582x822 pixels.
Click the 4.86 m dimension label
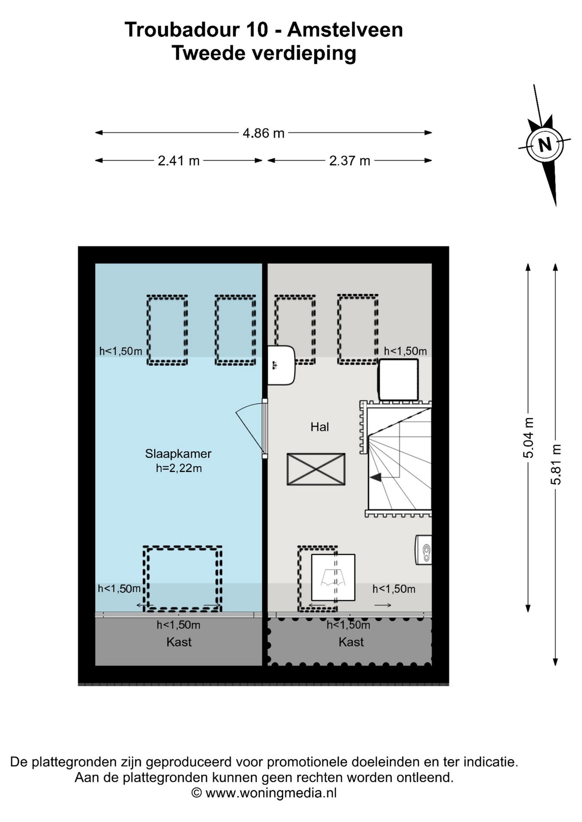coord(264,133)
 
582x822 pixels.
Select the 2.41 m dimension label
coord(179,161)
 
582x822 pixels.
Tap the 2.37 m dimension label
coord(350,161)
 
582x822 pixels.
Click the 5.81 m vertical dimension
coord(556,464)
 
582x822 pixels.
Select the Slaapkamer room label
coord(178,454)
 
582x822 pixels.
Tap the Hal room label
coord(320,427)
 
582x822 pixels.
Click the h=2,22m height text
coord(179,468)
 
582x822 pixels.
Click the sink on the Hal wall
coord(281,365)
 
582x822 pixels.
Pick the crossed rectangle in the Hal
coord(316,469)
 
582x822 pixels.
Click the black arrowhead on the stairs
coord(376,477)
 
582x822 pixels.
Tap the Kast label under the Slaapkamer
coord(179,642)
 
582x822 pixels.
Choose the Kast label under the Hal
coord(351,642)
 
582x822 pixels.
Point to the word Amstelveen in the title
coord(345,30)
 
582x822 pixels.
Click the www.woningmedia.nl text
coord(271,793)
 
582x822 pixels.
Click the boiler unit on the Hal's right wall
coord(423,550)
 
